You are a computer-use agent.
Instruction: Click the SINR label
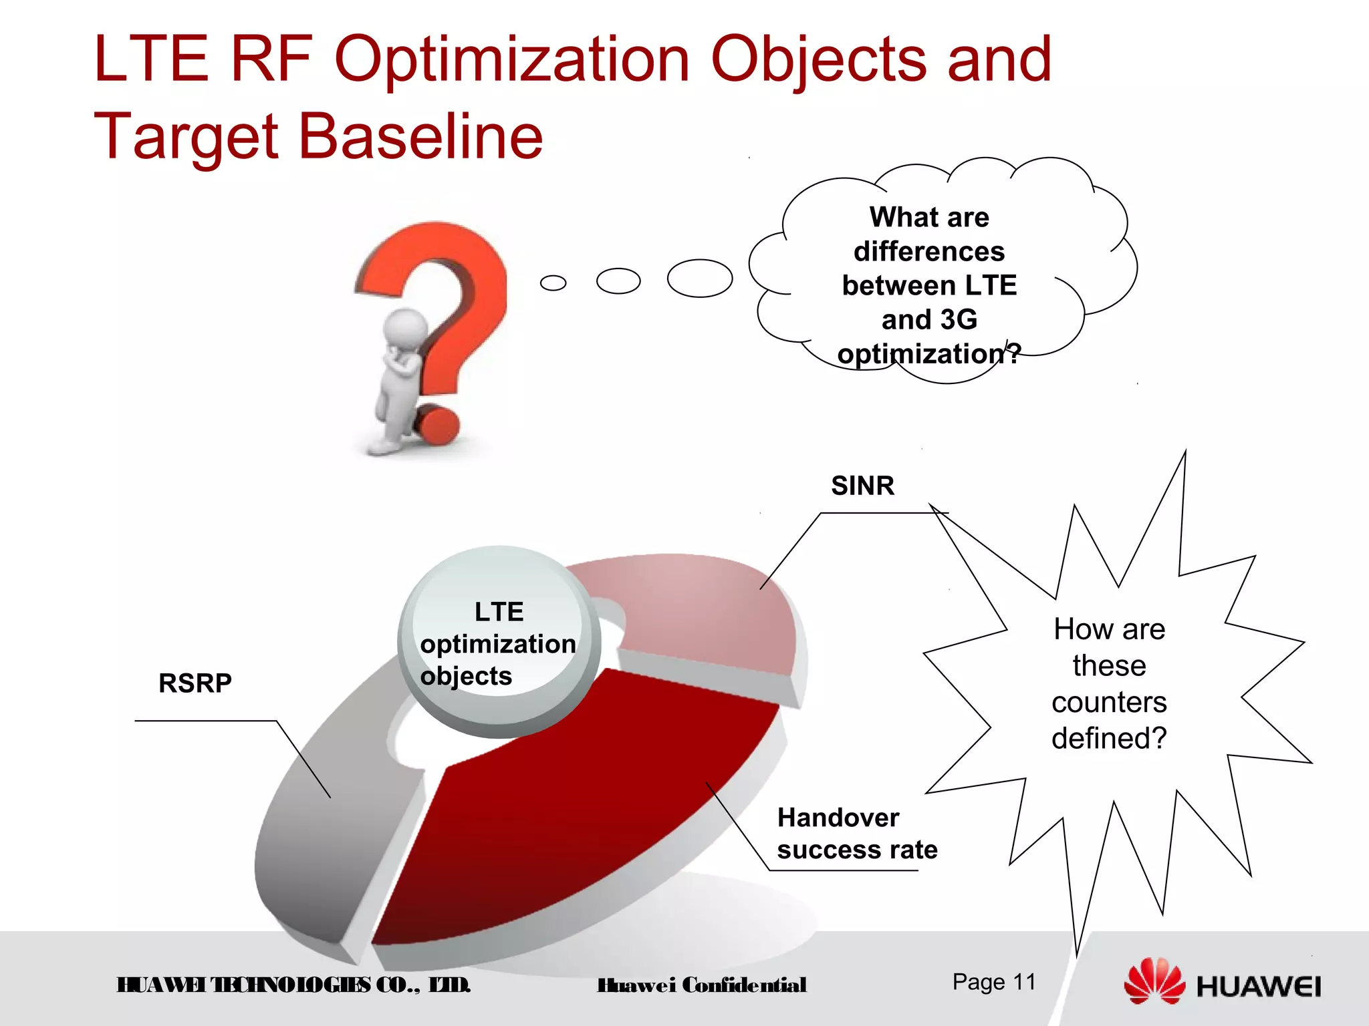862,486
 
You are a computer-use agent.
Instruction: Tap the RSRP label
195,683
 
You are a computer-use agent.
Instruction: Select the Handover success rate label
856,834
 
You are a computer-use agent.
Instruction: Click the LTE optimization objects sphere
498,643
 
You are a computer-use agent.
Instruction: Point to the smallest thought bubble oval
553,283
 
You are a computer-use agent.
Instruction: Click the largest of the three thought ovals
699,278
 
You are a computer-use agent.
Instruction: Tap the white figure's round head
405,327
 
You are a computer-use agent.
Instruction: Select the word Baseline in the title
420,137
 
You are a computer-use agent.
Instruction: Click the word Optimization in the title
511,60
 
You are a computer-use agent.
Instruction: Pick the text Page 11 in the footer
994,982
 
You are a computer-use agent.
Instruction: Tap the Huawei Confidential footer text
701,985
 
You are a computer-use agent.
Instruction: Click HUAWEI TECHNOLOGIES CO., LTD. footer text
293,985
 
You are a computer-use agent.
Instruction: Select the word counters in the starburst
1108,702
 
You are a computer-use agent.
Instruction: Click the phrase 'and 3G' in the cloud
929,319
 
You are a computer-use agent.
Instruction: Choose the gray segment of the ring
321,835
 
